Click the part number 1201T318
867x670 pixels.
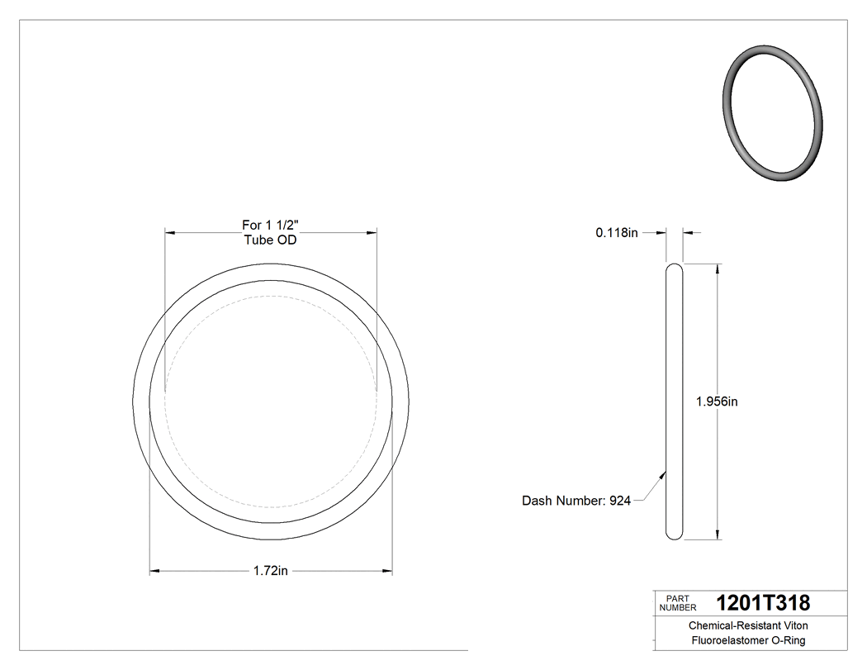pyautogui.click(x=763, y=603)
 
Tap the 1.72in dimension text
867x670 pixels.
pyautogui.click(x=270, y=571)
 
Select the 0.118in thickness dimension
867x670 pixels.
pyautogui.click(x=617, y=233)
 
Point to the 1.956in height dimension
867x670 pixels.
pyautogui.click(x=716, y=402)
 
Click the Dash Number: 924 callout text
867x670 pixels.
pyautogui.click(x=576, y=501)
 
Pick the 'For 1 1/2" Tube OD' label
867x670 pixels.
pyautogui.click(x=270, y=232)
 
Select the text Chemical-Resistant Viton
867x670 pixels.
pyautogui.click(x=748, y=626)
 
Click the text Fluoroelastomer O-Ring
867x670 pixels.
pyautogui.click(x=748, y=640)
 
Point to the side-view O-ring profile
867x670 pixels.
pyautogui.click(x=675, y=402)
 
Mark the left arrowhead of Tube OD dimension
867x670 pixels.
pyautogui.click(x=170, y=233)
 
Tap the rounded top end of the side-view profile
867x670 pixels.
pyautogui.click(x=675, y=268)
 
